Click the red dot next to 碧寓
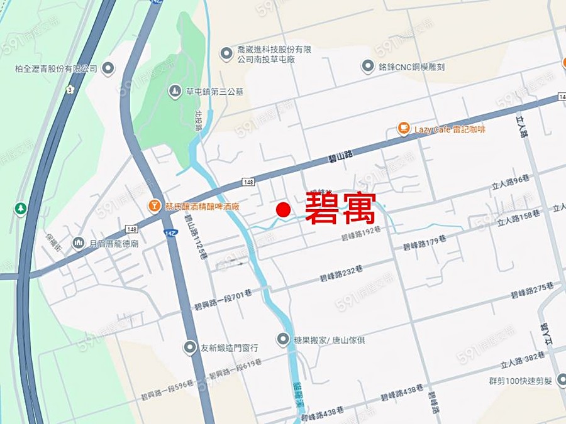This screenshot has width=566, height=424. tap(284, 210)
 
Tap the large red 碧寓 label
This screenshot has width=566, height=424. tap(340, 209)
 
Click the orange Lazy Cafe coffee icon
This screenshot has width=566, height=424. tap(403, 129)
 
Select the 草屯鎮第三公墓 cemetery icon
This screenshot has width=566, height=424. tap(174, 92)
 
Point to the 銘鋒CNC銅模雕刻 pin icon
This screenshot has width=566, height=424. tap(368, 67)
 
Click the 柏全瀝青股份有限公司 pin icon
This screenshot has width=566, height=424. tap(108, 68)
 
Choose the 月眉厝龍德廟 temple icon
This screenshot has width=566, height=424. tap(79, 242)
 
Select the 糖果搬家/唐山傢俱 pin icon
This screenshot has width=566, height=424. tap(284, 339)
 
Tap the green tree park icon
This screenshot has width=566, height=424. tap(20, 208)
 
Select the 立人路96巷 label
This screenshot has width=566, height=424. tap(511, 182)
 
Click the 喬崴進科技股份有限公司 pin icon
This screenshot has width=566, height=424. tap(226, 54)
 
